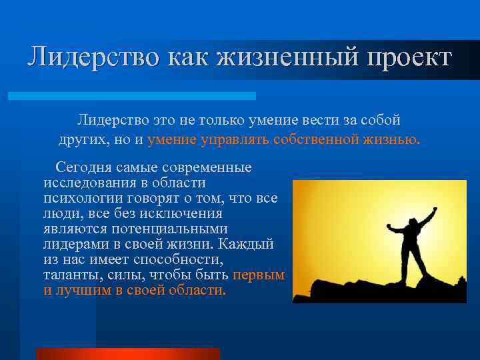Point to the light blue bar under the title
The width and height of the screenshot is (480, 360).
click(x=132, y=96)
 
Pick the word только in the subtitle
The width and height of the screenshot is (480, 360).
click(x=202, y=120)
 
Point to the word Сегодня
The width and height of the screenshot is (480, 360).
click(x=83, y=167)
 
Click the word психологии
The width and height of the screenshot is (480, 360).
click(x=80, y=198)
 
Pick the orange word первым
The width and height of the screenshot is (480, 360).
click(x=259, y=275)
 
